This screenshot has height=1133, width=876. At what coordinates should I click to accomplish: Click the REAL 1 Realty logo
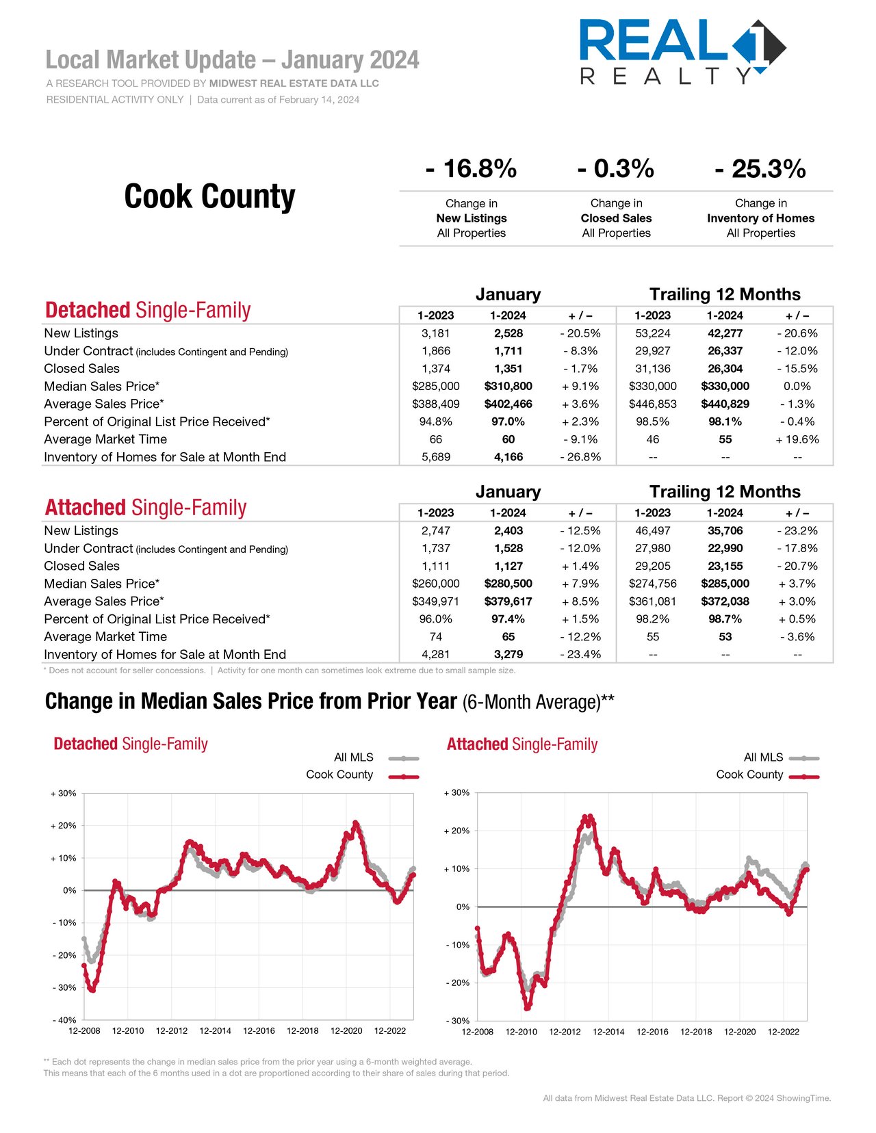click(x=682, y=52)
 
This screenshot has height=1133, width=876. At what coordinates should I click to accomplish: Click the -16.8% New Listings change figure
click(x=471, y=169)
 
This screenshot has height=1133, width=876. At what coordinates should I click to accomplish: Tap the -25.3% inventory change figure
click(x=760, y=169)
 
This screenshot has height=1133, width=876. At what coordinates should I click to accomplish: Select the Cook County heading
click(x=209, y=196)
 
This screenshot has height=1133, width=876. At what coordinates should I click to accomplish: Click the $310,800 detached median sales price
click(x=508, y=387)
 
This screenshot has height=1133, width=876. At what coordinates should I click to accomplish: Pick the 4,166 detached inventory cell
click(x=508, y=457)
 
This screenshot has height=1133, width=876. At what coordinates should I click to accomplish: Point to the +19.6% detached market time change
click(x=797, y=439)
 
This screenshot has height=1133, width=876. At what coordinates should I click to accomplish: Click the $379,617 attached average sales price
click(x=508, y=601)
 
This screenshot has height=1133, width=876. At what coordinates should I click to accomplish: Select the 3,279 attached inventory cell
click(x=508, y=654)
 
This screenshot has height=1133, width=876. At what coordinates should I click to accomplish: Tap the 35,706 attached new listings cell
click(x=725, y=531)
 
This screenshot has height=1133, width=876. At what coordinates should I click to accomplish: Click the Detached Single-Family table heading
click(x=148, y=310)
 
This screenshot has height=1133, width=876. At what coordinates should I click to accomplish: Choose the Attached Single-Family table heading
click(x=146, y=508)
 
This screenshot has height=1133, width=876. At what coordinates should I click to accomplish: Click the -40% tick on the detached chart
click(x=64, y=1020)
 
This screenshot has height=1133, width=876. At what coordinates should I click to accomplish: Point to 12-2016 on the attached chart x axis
click(x=652, y=1031)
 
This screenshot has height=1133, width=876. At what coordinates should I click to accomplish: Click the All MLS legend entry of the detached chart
click(x=376, y=757)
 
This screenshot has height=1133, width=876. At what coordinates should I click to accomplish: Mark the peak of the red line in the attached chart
click(x=588, y=817)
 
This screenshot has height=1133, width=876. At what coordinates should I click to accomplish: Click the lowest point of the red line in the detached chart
click(x=93, y=989)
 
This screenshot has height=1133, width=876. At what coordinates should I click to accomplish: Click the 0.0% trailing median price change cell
click(x=797, y=387)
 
